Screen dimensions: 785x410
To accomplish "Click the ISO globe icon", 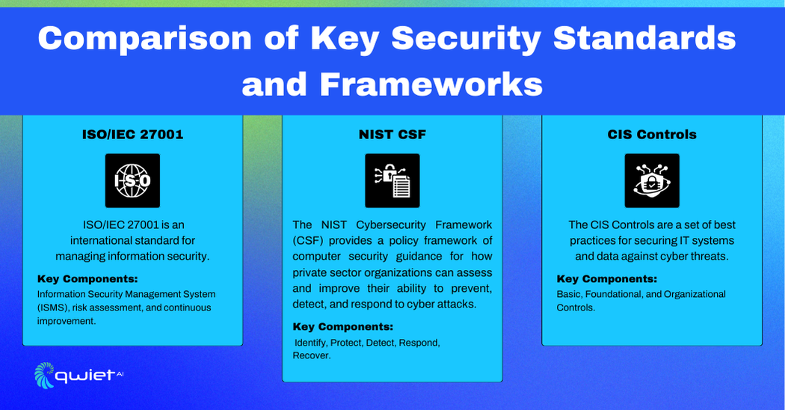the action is pos(132,180).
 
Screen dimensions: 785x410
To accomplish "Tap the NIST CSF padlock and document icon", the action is pos(392,180).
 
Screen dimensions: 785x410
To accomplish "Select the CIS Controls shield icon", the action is pos(652,180).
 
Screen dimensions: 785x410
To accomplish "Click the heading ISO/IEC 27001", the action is pos(132,135).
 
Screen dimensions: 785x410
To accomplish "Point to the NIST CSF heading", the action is pos(392,135).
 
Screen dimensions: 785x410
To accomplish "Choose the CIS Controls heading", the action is pos(652,135).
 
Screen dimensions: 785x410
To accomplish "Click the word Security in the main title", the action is pos(466,39).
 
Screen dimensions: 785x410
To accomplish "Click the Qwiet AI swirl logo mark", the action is pos(44,375).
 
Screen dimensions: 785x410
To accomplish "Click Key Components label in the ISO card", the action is pos(87,278).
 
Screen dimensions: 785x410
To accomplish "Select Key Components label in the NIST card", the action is pos(343,327).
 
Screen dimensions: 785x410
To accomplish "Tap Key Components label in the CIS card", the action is pos(607,278).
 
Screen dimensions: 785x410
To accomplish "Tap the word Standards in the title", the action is pos(644,39).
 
